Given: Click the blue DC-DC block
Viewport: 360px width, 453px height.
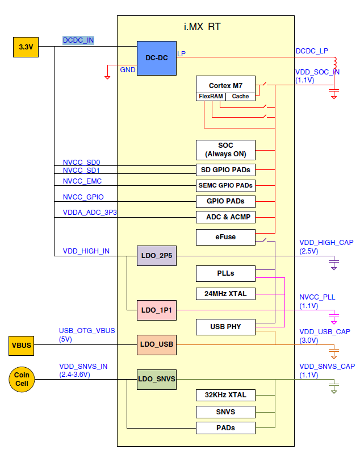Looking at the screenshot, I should [156, 58].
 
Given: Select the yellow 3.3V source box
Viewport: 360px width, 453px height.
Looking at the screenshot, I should [26, 47].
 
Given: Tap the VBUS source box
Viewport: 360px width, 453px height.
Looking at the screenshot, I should [22, 344].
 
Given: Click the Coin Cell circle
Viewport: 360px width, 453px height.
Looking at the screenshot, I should [22, 379].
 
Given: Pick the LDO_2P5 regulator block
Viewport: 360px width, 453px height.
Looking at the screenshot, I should [156, 256].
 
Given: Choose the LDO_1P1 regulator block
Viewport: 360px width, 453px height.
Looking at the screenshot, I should [156, 310].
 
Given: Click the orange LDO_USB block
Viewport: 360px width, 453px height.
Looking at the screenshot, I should [156, 344].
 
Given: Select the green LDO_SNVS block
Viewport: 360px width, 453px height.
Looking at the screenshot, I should [156, 379].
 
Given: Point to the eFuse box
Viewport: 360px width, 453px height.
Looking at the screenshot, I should [225, 236].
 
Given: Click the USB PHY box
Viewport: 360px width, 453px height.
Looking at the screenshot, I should [225, 327].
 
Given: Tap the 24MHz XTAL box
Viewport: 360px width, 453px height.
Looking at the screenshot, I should [225, 294].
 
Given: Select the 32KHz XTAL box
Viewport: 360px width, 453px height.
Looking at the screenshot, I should [225, 395].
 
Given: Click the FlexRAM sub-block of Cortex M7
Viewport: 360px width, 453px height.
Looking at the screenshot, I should [210, 97].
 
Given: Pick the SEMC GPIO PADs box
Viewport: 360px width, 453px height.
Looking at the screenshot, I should [225, 185].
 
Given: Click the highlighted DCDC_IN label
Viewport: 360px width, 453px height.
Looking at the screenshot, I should [78, 40].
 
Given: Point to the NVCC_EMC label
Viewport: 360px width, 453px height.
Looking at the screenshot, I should [82, 181].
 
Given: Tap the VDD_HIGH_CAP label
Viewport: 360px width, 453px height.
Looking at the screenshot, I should [326, 243].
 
